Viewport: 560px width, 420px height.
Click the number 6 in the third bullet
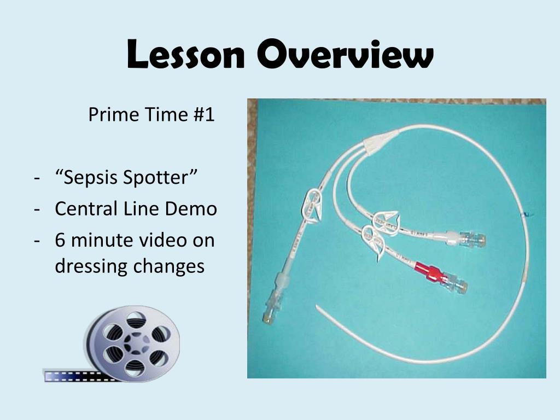(x=60, y=240)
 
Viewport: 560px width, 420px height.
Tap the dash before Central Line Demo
(x=37, y=209)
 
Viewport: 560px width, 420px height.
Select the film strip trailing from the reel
(x=71, y=376)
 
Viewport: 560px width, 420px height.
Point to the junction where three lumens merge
(x=380, y=142)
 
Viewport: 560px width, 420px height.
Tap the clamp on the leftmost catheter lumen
(x=311, y=205)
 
